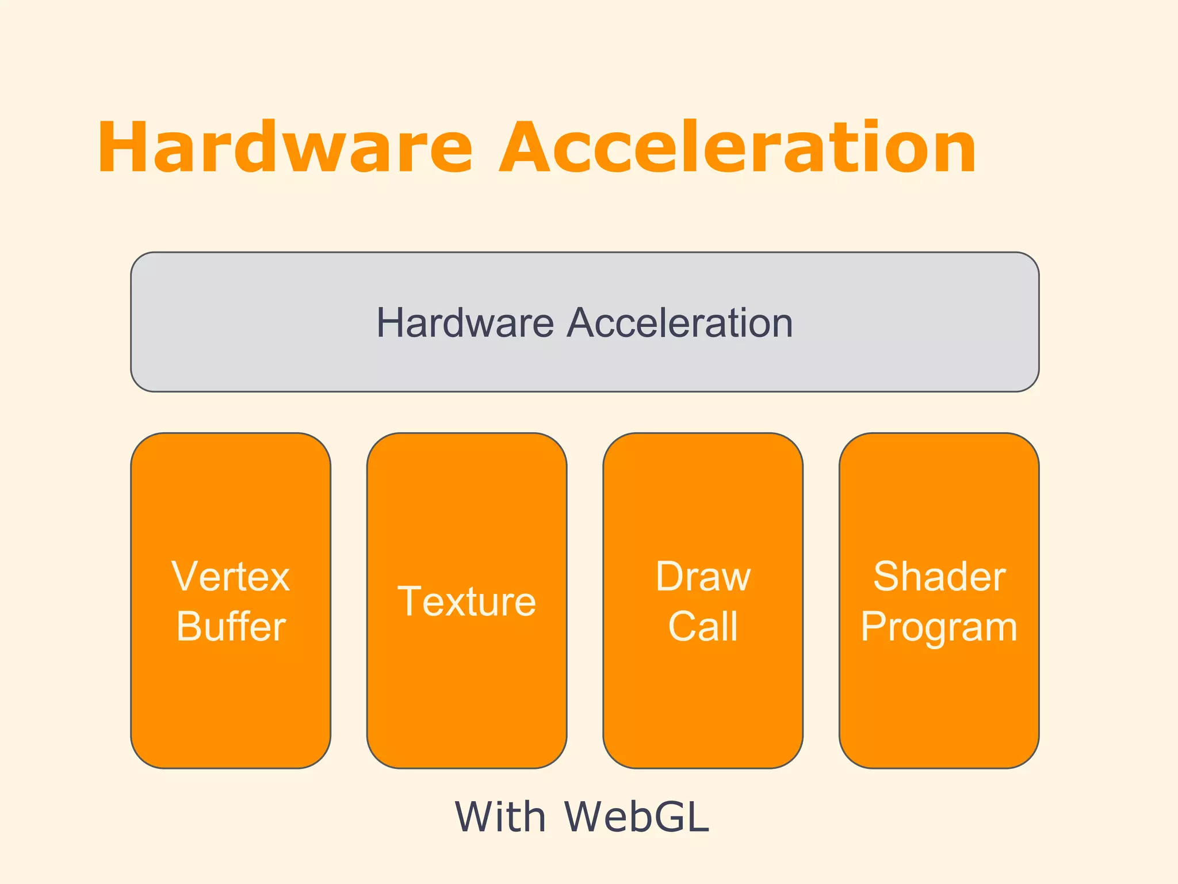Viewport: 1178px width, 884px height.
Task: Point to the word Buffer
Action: tap(231, 626)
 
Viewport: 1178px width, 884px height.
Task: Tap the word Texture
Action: tap(466, 601)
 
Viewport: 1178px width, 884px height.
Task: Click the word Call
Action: tap(703, 626)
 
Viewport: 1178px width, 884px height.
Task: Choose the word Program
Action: tap(939, 627)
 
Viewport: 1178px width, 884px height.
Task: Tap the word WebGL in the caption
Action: tap(636, 817)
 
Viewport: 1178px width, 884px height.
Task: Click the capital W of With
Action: tap(475, 817)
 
